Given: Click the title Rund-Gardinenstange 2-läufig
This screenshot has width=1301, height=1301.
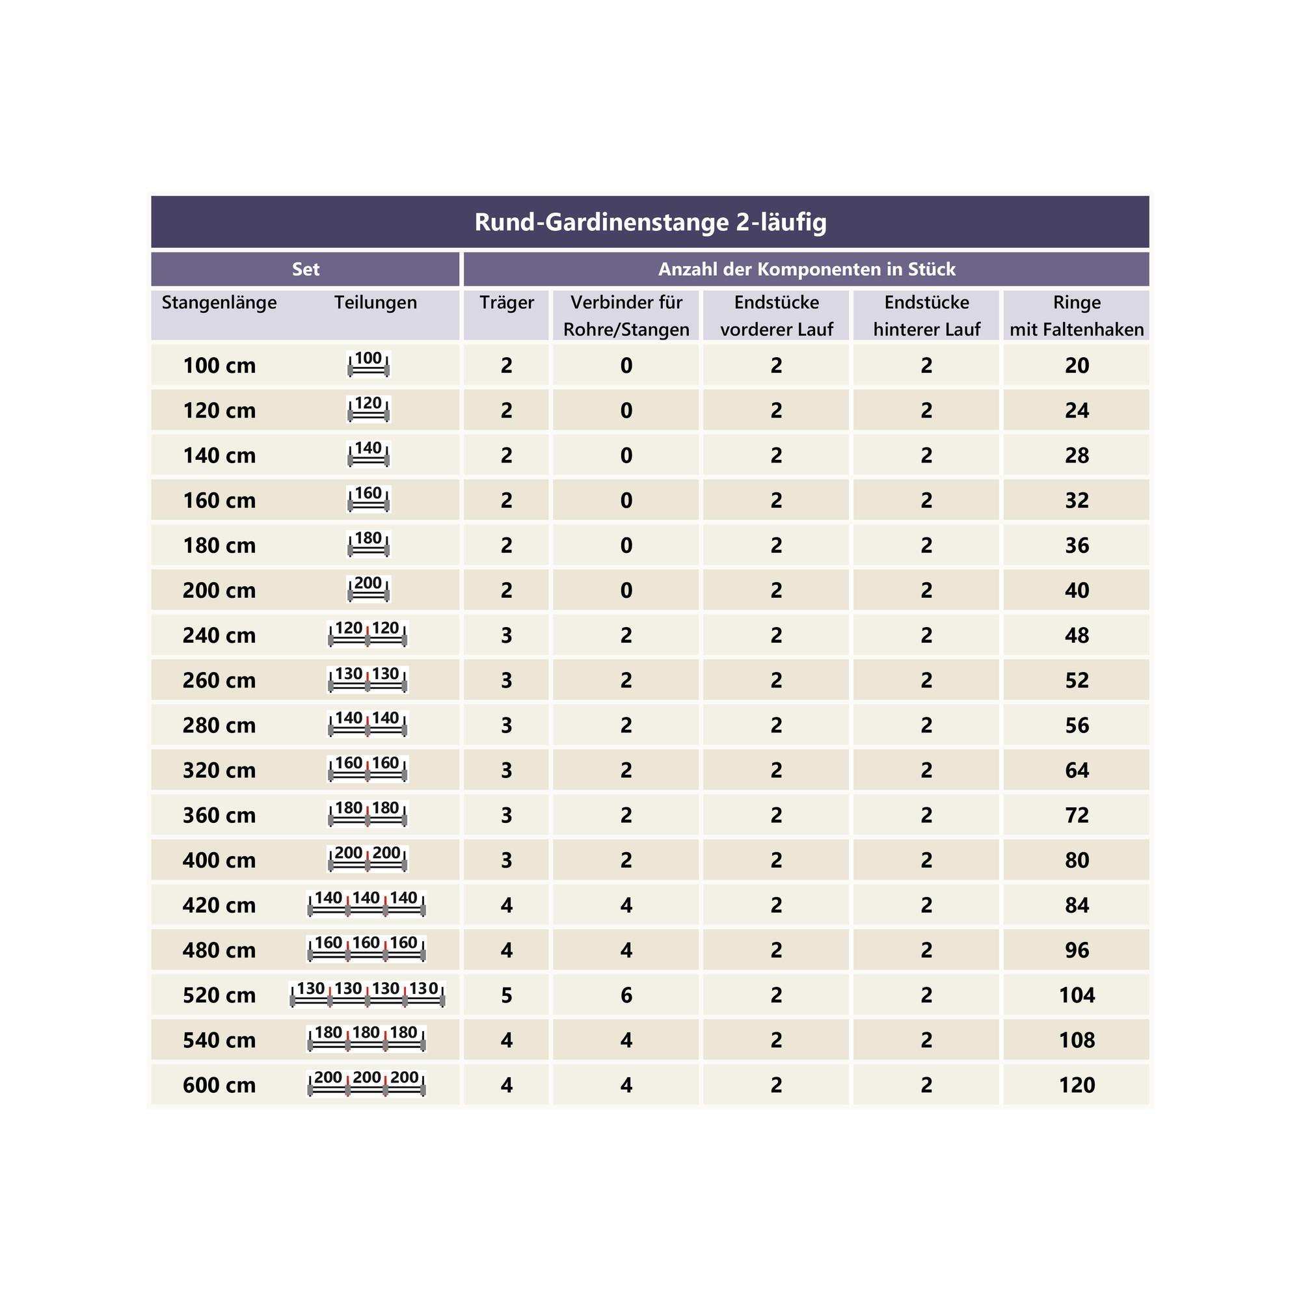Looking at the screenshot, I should (650, 222).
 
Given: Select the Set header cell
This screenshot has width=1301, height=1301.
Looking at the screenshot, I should (305, 269).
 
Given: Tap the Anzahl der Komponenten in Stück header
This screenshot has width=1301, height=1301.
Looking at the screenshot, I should (806, 269).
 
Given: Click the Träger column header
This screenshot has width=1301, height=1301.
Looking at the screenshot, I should (506, 302).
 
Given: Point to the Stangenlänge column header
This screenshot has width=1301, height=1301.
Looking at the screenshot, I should (219, 302).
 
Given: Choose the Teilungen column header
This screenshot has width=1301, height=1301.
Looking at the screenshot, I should (375, 302).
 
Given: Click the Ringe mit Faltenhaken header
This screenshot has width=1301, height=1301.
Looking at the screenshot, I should (1076, 315).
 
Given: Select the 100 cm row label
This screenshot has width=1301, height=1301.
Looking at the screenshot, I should (219, 366).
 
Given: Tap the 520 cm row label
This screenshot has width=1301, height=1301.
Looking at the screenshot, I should (219, 995).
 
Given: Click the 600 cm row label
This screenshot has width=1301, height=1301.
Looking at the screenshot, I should (219, 1085).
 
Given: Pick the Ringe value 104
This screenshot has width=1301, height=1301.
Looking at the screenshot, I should (1076, 995).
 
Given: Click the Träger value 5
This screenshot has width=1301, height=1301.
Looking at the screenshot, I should (506, 995).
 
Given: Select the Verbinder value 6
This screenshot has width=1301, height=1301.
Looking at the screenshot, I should (626, 995).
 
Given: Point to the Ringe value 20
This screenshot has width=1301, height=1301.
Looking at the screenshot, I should (1076, 366).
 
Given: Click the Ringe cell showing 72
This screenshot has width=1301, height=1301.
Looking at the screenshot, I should (1076, 816).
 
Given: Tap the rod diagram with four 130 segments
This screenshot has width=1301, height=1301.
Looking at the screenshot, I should (367, 994).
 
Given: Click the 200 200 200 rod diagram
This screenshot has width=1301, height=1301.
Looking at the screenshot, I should (367, 1084).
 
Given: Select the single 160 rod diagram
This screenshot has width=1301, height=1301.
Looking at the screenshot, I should (368, 499).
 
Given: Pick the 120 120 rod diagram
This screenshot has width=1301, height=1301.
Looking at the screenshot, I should (367, 634).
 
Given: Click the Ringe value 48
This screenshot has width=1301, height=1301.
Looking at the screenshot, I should (1076, 636).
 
